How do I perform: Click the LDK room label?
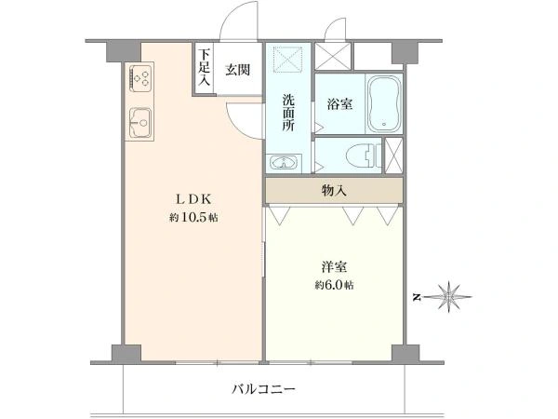pyautogui.click(x=194, y=199)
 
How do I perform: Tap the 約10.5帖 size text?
pyautogui.click(x=193, y=217)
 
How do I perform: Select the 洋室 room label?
pyautogui.click(x=334, y=267)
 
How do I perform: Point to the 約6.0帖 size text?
pyautogui.click(x=334, y=285)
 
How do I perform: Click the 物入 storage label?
pyautogui.click(x=334, y=191)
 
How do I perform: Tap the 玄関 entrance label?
pyautogui.click(x=238, y=70)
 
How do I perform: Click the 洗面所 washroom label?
pyautogui.click(x=288, y=113)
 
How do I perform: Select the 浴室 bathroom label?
pyautogui.click(x=339, y=103)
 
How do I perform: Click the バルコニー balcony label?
pyautogui.click(x=263, y=389)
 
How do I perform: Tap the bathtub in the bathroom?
pyautogui.click(x=384, y=103)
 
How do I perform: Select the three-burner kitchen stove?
pyautogui.click(x=141, y=77)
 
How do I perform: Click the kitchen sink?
pyautogui.click(x=140, y=123)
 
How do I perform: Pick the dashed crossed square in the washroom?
pyautogui.click(x=287, y=59)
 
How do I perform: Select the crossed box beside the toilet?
pyautogui.click(x=393, y=155)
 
